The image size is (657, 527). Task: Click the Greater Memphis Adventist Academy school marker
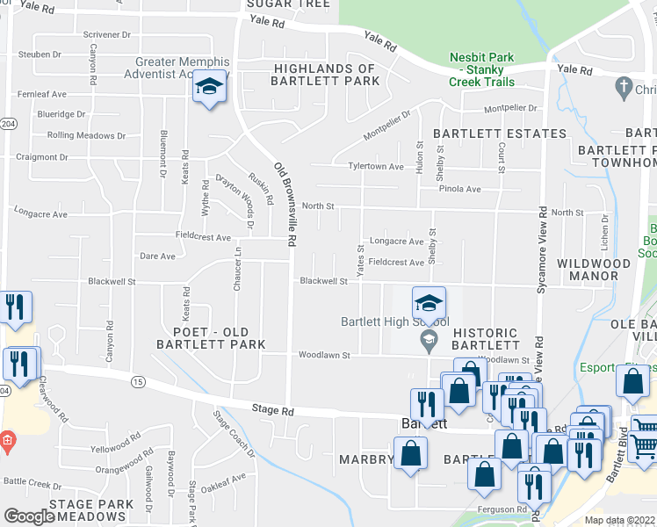click(210, 87)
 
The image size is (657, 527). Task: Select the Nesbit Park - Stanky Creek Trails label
click(480, 69)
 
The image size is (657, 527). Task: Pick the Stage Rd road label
click(271, 410)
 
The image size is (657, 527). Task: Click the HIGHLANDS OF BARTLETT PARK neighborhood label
click(325, 75)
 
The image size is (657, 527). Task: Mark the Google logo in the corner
click(29, 516)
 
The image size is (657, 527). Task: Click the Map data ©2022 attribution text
click(619, 520)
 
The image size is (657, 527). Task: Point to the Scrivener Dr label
click(106, 34)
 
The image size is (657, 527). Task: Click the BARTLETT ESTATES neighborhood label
click(500, 134)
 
